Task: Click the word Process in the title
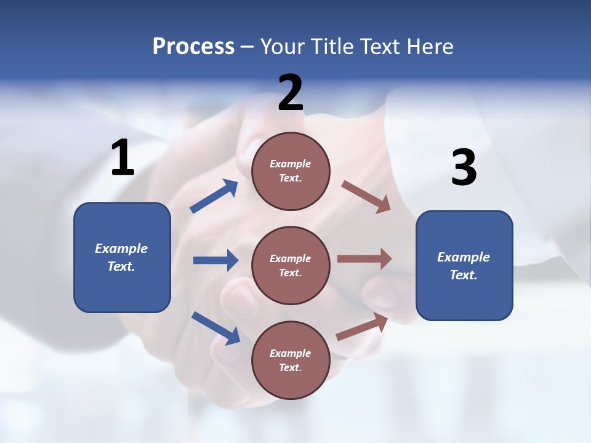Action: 194,47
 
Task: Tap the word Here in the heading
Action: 430,46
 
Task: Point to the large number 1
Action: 123,157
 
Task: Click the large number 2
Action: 291,92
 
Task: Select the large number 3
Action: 464,167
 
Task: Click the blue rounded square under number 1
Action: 122,258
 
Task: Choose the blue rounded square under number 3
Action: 464,266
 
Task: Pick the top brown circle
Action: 291,172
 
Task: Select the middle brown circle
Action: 291,266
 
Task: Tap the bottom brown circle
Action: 291,360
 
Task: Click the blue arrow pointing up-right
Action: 214,196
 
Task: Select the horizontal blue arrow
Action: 216,260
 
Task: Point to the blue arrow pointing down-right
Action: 216,329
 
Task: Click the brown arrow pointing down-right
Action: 366,197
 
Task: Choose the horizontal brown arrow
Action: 364,258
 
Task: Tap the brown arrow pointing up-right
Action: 362,327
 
